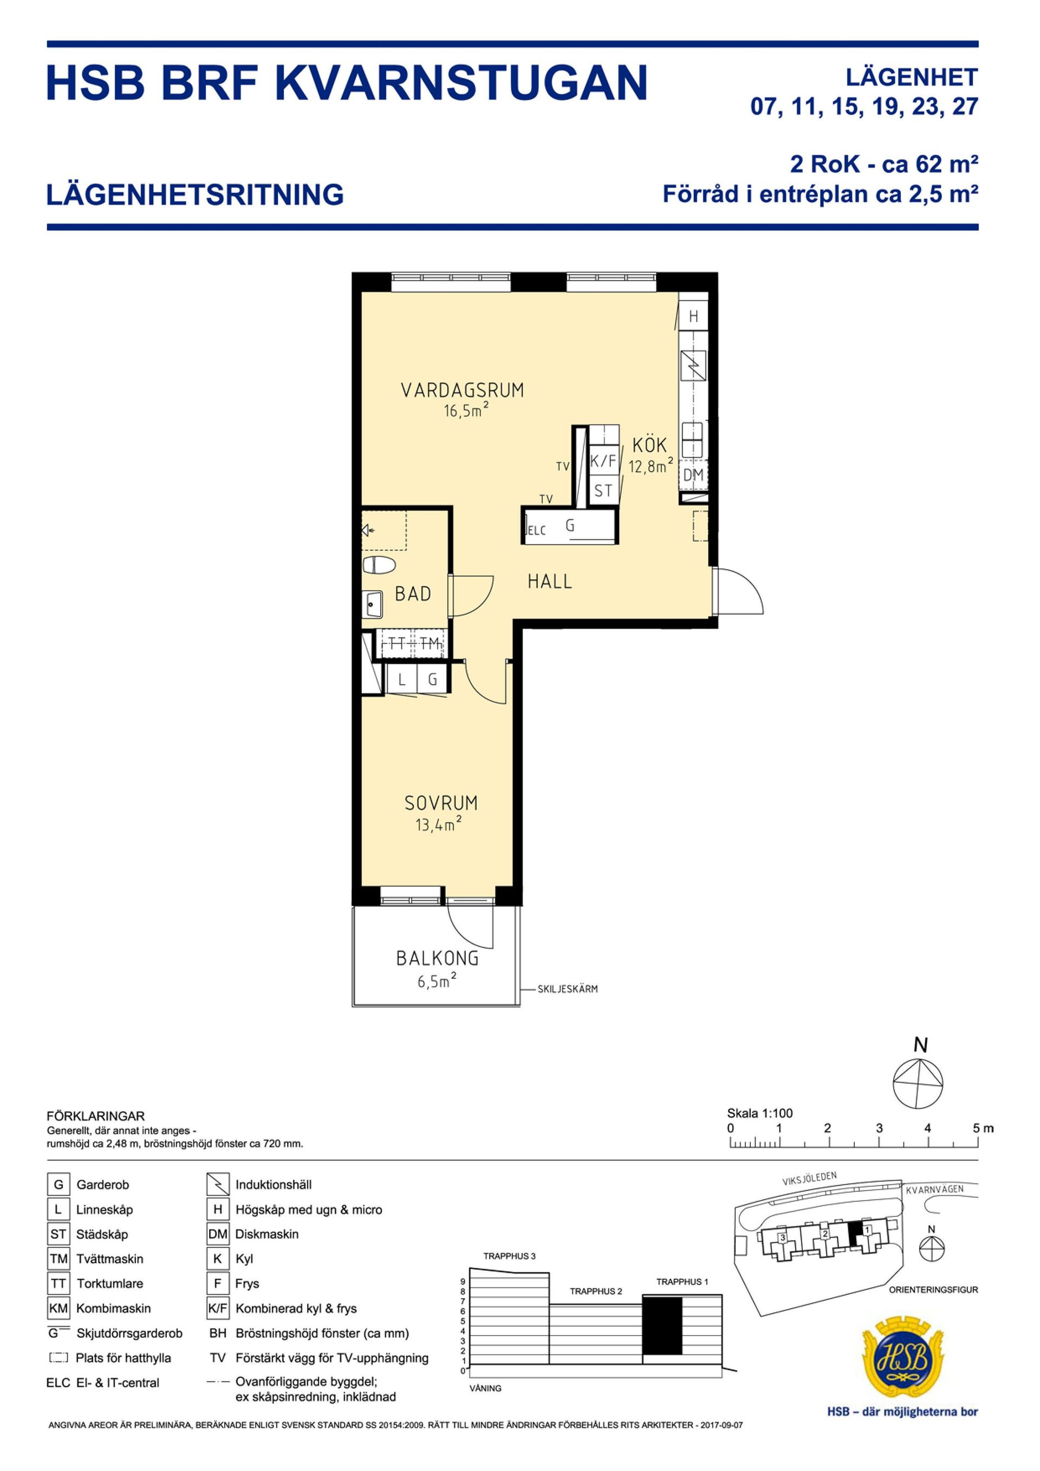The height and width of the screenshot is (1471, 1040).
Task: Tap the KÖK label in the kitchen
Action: [650, 445]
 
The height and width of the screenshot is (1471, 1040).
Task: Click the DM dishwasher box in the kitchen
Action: [693, 476]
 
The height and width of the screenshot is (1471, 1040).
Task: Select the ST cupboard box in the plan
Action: [603, 491]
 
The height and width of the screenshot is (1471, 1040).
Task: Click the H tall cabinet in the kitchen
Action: [693, 316]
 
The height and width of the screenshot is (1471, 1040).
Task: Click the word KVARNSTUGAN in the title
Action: [461, 83]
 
